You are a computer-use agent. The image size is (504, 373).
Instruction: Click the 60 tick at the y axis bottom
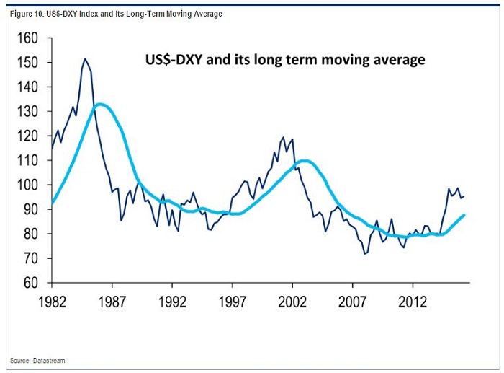pyautogui.click(x=30, y=283)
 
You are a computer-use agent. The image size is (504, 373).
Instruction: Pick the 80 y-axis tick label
pyautogui.click(x=30, y=234)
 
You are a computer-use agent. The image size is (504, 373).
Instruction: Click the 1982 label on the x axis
pyautogui.click(x=53, y=298)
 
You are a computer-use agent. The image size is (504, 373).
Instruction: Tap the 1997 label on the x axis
pyautogui.click(x=232, y=298)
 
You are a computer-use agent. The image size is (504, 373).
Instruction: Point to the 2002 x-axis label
pyautogui.click(x=292, y=298)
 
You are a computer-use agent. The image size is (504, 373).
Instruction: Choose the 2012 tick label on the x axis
pyautogui.click(x=412, y=298)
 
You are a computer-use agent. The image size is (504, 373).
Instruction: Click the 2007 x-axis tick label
pyautogui.click(x=352, y=298)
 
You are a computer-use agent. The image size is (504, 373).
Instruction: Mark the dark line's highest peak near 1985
pyautogui.click(x=85, y=58)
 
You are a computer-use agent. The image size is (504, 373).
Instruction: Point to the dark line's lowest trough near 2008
pyautogui.click(x=365, y=254)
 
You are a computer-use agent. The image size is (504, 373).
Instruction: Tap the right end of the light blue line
pyautogui.click(x=464, y=215)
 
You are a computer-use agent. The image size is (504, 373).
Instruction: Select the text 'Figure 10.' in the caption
pyautogui.click(x=27, y=14)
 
